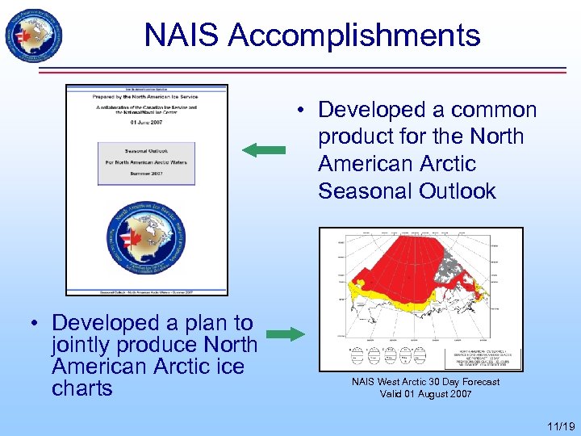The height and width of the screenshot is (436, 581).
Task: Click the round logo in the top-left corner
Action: (32, 33)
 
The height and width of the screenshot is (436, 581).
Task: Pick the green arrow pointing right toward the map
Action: (284, 334)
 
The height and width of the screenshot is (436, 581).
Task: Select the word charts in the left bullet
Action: (82, 388)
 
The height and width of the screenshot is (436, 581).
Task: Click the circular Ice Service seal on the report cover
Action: (146, 241)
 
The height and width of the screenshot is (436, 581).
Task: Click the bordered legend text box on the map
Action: (483, 358)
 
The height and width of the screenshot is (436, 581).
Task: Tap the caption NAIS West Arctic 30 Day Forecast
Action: (425, 382)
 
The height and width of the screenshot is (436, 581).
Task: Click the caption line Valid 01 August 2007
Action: (425, 394)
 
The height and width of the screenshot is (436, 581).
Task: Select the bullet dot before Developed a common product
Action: (299, 110)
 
